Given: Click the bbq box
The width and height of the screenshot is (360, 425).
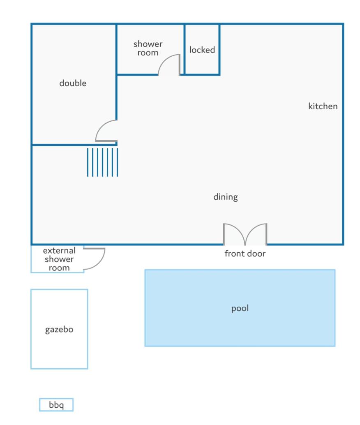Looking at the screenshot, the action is [56, 405].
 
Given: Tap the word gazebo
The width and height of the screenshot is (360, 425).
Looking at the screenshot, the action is [59, 330].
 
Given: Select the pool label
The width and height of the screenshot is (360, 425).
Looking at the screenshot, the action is [240, 308].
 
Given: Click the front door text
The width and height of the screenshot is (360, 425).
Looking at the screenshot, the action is [245, 254].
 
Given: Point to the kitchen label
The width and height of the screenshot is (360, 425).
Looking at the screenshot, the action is [323, 106].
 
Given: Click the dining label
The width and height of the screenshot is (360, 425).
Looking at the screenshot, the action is [226, 197].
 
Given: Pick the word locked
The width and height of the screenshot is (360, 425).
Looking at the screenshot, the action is [202, 50].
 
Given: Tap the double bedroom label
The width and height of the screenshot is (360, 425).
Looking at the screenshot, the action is [73, 83].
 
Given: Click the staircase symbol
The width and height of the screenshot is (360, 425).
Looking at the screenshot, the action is [102, 162].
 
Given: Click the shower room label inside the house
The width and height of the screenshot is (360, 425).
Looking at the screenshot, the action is [148, 48].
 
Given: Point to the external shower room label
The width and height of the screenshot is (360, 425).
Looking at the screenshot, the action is [59, 259].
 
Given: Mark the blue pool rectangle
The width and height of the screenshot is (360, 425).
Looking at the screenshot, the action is [240, 308].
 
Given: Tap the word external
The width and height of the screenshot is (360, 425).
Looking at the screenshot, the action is [59, 250].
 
